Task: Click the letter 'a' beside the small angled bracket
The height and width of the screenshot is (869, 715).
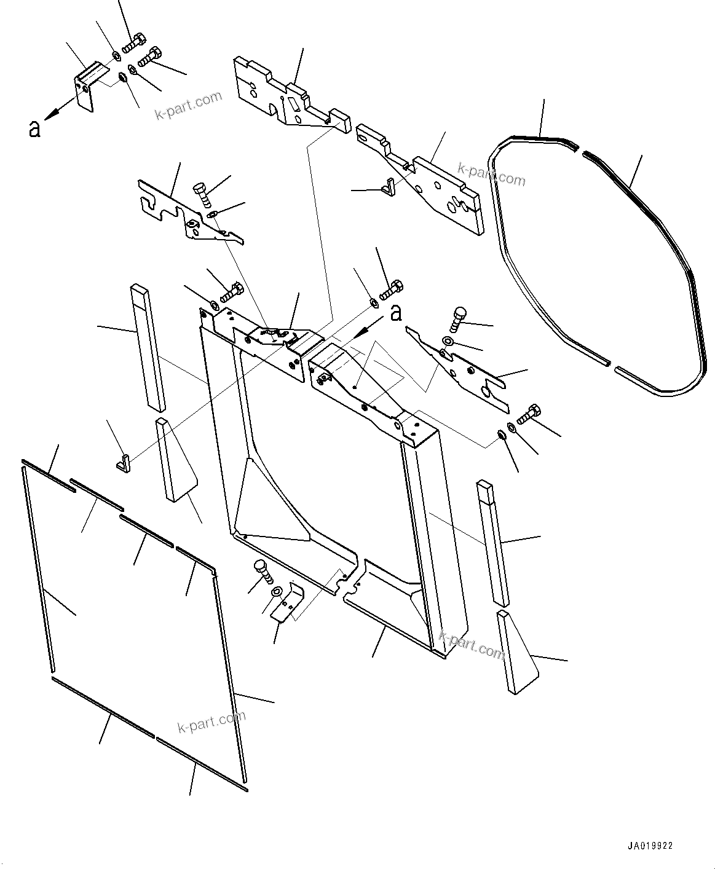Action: (34, 128)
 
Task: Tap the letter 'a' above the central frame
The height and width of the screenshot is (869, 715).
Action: (396, 313)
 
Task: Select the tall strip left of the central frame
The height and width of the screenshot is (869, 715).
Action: (148, 347)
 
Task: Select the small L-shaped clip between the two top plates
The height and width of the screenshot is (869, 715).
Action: (387, 186)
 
